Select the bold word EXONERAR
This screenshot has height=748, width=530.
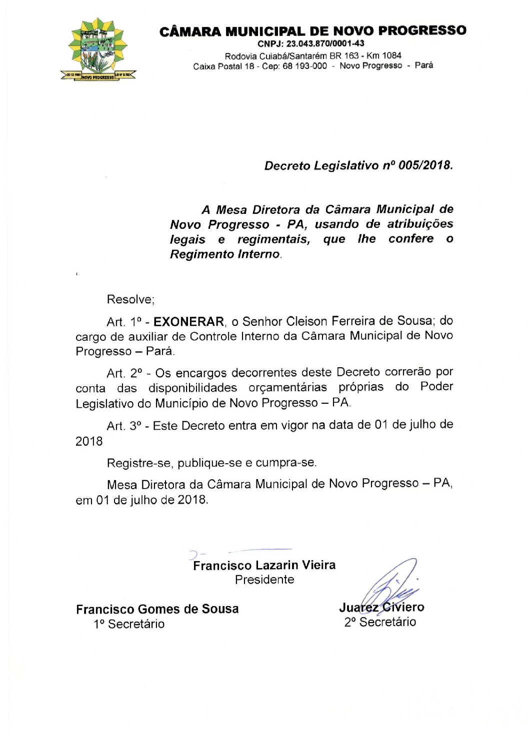188,321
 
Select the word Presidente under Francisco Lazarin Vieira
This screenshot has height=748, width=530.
264,580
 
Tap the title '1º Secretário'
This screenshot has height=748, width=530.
129,624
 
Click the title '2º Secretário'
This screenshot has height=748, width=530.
380,622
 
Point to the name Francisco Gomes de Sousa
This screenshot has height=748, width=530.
157,609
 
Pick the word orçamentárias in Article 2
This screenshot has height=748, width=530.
287,388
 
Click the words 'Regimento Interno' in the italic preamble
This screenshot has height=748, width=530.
224,254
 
